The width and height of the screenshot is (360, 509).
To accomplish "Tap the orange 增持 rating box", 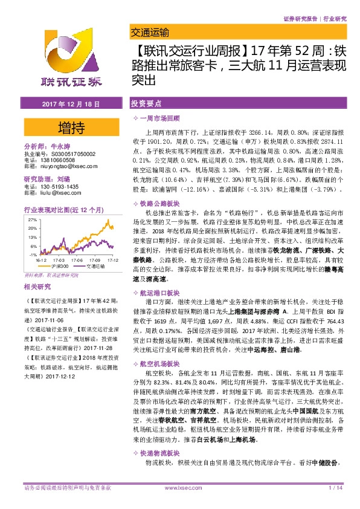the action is (69, 128).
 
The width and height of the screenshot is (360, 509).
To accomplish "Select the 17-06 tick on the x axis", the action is (78, 258).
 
